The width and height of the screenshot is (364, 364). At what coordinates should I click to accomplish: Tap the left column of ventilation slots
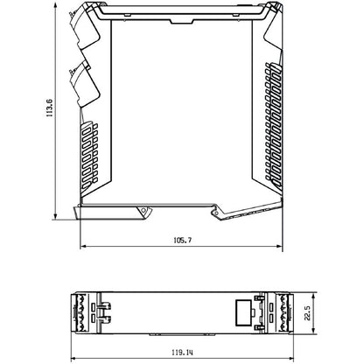[90, 157]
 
